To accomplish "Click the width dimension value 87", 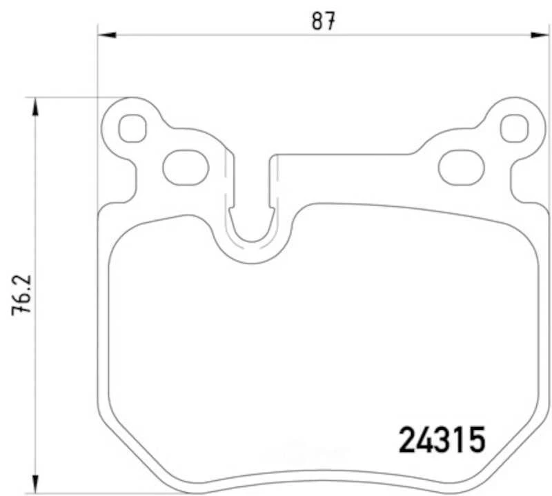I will click(323, 21).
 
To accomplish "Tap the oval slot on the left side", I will click(185, 166).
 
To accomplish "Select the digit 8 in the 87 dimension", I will click(317, 21).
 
